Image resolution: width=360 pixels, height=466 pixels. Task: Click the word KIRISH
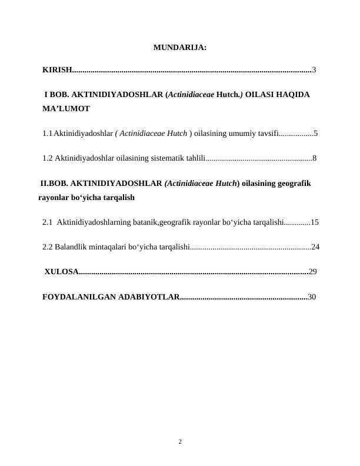tap(56, 70)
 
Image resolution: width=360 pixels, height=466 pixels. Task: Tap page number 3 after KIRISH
tap(315, 70)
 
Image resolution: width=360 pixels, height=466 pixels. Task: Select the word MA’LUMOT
tap(66, 109)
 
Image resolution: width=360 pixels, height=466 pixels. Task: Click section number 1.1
tap(48, 134)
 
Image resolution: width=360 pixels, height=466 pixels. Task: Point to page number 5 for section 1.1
tap(316, 134)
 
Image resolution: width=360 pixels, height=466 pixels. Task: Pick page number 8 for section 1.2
tap(315, 158)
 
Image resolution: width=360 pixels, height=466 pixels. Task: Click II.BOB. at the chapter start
tap(54, 184)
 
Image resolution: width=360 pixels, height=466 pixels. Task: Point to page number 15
tap(315, 222)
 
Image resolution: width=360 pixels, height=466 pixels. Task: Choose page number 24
tap(315, 247)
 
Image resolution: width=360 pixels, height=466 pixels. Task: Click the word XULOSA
tap(61, 272)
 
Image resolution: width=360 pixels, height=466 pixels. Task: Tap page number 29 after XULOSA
tap(313, 272)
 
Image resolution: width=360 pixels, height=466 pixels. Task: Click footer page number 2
tap(180, 441)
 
